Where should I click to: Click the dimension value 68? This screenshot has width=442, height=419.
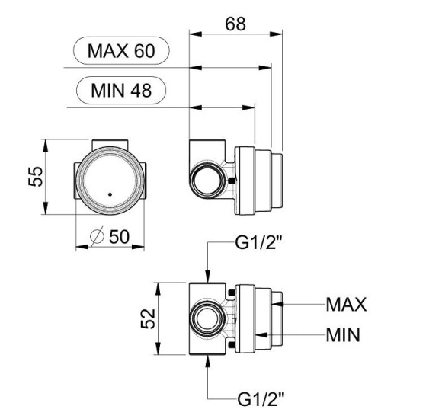click(235, 24)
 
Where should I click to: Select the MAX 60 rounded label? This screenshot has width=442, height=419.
click(121, 51)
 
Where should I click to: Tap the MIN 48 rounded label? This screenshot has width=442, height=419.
click(121, 91)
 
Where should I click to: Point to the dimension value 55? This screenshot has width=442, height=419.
click(36, 177)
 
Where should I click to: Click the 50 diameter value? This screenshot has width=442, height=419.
click(119, 236)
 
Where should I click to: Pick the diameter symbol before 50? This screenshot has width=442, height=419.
click(97, 236)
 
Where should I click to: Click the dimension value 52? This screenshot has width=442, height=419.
click(148, 318)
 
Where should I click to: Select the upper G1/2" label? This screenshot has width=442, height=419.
click(259, 242)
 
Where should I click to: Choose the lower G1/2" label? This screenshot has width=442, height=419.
click(261, 398)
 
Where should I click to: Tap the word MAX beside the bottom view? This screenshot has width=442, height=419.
click(347, 304)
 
